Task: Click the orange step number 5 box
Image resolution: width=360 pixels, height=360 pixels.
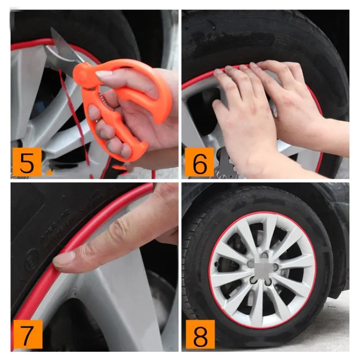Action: point(27,162)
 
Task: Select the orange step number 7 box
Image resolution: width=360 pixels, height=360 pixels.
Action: point(27,335)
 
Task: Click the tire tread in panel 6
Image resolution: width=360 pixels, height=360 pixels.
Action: point(252,36)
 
